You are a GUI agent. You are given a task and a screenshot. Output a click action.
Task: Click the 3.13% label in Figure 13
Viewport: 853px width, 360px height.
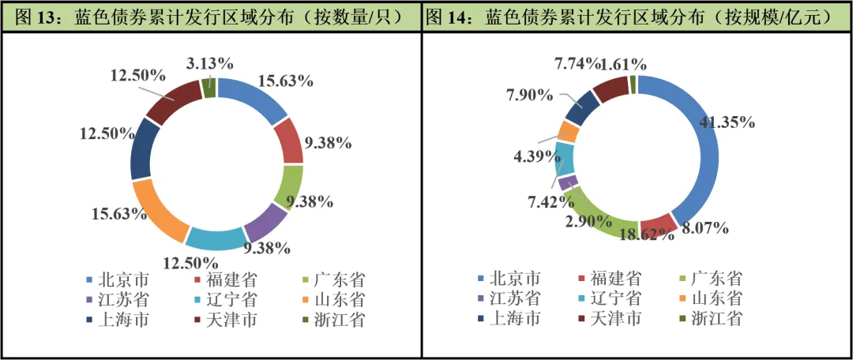210,62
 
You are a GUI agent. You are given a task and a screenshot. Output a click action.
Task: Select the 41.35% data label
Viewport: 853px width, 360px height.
727,122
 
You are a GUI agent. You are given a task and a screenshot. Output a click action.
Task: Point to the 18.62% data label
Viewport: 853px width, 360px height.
647,234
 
